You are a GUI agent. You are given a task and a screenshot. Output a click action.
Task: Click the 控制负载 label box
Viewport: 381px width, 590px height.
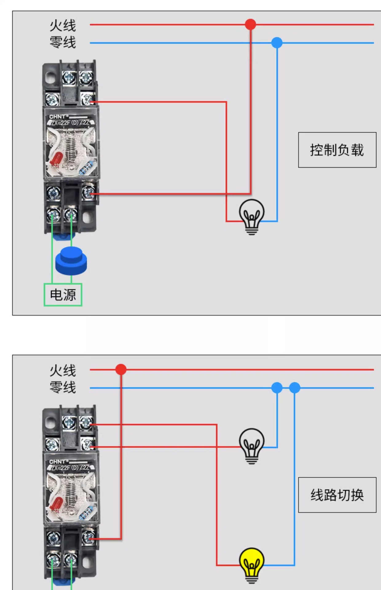click(337, 150)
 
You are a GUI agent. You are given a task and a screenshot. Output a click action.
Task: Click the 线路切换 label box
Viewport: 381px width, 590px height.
click(337, 495)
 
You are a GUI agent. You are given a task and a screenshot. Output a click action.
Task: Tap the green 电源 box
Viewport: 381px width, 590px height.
click(63, 295)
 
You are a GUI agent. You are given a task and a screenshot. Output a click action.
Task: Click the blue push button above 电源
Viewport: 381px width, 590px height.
click(71, 261)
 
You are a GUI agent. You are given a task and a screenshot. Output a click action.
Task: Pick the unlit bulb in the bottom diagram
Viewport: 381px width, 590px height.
click(252, 445)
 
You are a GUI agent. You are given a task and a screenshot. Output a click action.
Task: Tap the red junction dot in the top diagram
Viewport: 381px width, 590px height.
click(250, 24)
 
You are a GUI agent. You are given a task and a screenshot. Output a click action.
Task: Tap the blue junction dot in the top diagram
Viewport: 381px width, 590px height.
click(277, 43)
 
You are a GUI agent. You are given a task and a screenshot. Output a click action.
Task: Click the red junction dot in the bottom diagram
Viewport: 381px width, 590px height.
click(121, 369)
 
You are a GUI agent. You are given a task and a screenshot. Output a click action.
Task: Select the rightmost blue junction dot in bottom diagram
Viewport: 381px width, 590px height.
click(295, 388)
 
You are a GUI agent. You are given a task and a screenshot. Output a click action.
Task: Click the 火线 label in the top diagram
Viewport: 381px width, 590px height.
click(63, 26)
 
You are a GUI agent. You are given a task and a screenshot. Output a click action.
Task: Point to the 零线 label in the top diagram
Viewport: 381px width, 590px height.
click(63, 42)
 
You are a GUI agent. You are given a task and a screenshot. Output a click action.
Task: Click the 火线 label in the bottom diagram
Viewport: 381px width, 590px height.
click(63, 371)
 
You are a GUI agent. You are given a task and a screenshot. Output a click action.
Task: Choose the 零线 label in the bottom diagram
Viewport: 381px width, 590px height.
click(63, 387)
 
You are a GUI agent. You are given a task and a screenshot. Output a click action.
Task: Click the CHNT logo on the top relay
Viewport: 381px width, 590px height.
click(57, 117)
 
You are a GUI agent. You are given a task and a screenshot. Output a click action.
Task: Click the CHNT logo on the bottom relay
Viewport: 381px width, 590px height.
click(57, 462)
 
